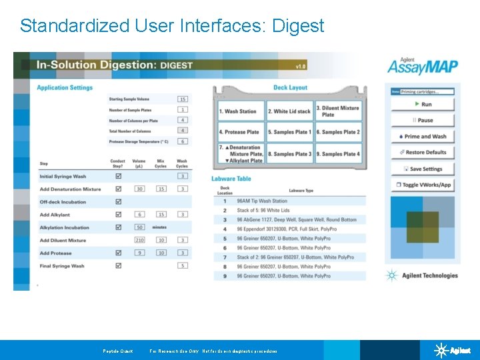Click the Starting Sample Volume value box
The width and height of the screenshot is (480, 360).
tap(183, 99)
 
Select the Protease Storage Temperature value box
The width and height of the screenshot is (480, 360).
tap(183, 141)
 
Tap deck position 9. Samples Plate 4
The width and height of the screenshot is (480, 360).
tap(338, 154)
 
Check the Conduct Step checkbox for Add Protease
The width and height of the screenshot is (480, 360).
tap(119, 253)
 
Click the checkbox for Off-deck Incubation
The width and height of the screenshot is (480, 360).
tap(119, 202)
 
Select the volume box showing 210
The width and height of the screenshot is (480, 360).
tap(140, 241)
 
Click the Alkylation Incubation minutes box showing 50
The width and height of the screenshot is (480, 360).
tap(140, 227)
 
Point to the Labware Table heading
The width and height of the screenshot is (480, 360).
tap(231, 179)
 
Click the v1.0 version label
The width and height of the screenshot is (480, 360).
tap(301, 66)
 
